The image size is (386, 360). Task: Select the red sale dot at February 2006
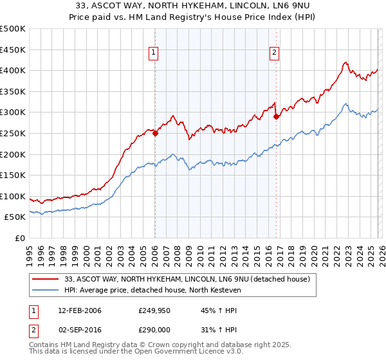155,134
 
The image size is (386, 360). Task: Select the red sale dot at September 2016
276,117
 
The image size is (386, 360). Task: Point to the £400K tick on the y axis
13,71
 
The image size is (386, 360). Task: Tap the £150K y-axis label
13,175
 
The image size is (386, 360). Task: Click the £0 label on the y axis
19,238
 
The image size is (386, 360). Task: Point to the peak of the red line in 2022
345,62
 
